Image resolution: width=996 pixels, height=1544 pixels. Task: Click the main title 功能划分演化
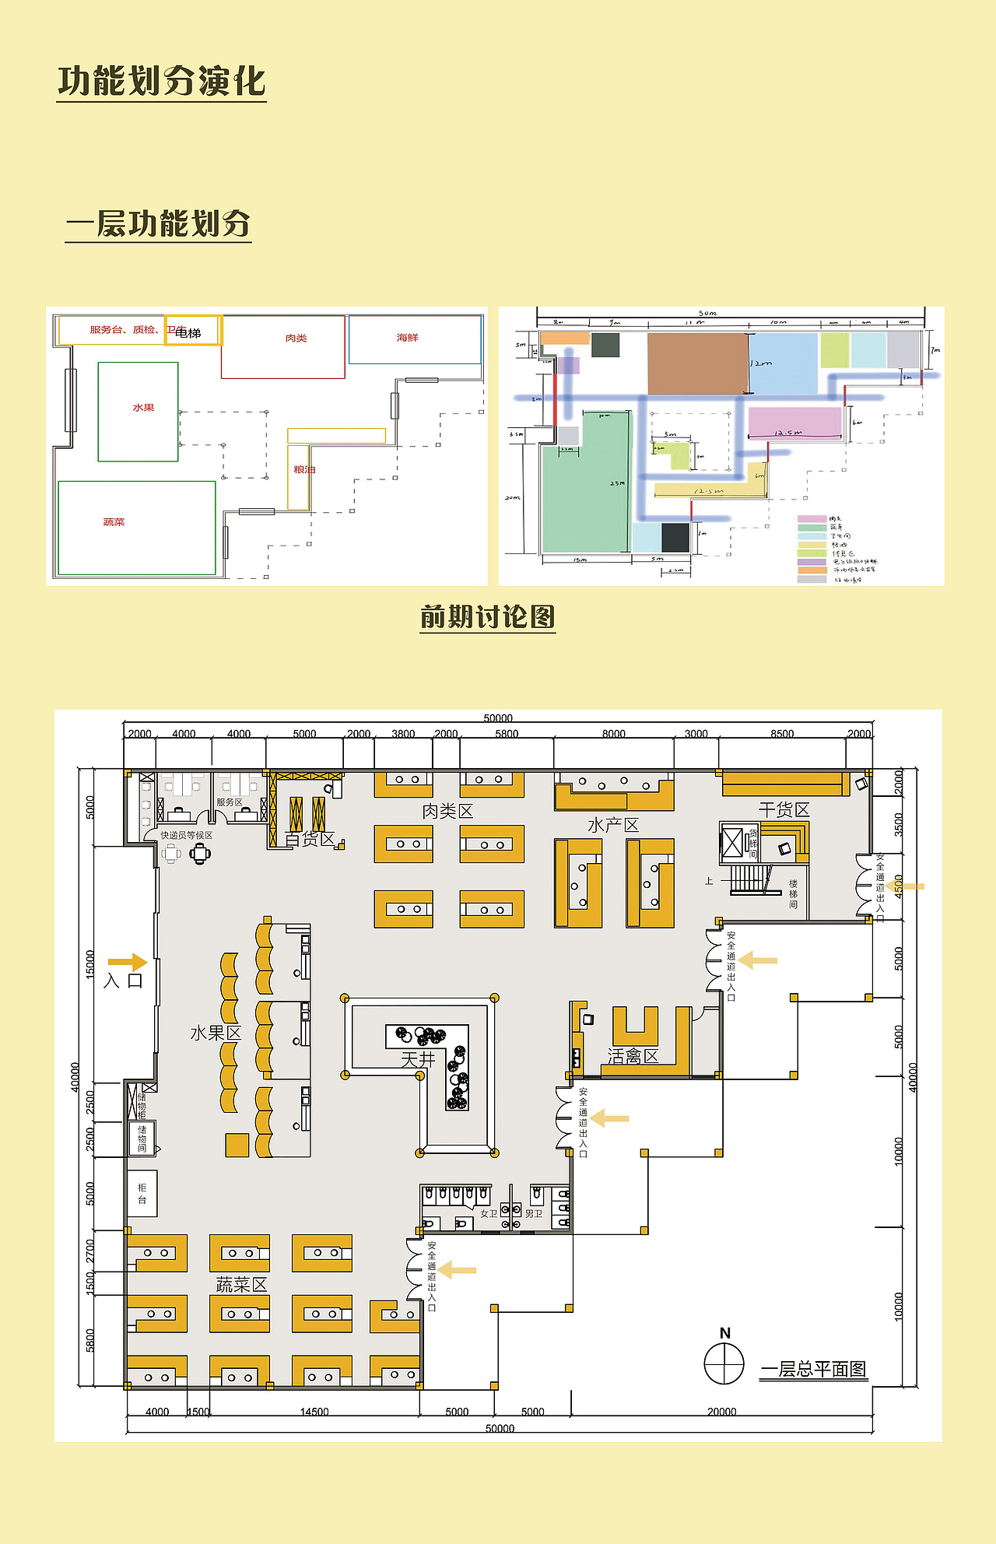162,82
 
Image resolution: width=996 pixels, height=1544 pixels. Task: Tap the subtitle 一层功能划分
158,224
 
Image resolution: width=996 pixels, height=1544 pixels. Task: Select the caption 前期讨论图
487,617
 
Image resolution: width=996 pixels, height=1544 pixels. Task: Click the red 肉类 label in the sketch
296,339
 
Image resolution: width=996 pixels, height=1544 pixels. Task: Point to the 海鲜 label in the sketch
407,338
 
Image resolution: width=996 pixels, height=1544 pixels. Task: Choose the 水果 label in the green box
143,408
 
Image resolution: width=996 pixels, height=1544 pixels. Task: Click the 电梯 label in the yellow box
188,333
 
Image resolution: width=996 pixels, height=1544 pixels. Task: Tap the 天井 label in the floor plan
418,1059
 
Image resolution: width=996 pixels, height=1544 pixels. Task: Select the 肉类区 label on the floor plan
447,812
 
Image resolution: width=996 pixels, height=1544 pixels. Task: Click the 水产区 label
613,826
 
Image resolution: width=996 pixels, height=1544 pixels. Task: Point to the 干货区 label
784,810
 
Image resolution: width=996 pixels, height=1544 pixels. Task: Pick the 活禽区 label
633,1056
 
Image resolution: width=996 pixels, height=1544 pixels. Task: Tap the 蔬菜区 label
241,1285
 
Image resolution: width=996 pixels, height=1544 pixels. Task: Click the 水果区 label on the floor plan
216,1033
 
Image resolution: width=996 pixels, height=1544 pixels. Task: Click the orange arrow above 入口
127,963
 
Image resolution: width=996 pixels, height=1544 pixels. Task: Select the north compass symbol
724,1363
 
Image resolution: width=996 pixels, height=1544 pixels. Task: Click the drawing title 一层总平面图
813,1370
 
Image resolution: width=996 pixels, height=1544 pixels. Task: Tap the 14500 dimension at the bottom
314,1412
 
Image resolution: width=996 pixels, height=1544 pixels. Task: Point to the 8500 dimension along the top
782,734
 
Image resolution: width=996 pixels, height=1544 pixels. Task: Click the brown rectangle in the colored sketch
697,363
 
